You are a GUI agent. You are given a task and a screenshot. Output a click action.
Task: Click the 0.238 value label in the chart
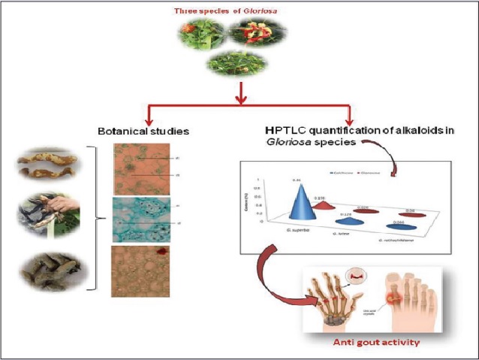[318, 198]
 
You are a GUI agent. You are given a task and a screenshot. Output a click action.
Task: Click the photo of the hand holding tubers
[50, 214]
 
